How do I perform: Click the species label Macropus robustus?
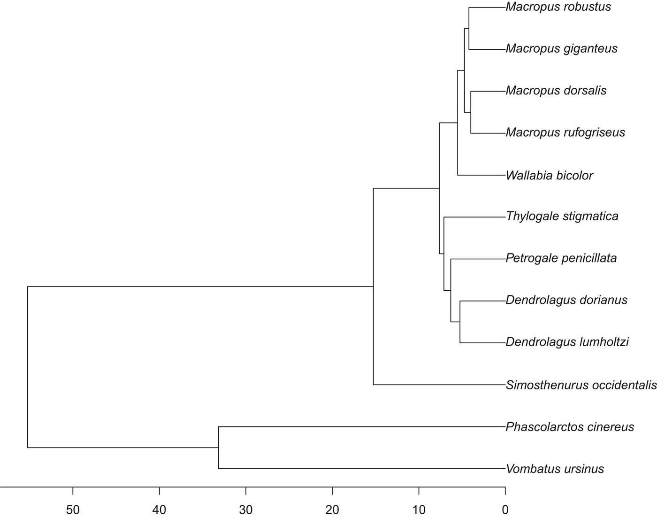[x=558, y=7]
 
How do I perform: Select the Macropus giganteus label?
[x=561, y=49]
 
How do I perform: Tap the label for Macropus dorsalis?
[x=556, y=91]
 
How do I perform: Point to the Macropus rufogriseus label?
[x=565, y=133]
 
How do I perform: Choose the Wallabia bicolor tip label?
[x=549, y=176]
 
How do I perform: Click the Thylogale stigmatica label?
[x=562, y=216]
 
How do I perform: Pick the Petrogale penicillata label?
[x=561, y=258]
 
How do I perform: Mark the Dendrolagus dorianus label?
[x=566, y=300]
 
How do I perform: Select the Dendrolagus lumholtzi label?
[x=567, y=342]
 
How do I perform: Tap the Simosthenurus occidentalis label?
[x=581, y=386]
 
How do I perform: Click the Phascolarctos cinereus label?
[x=570, y=427]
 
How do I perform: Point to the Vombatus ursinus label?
[x=555, y=469]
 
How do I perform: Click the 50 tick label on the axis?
[x=73, y=510]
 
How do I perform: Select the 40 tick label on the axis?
[x=160, y=510]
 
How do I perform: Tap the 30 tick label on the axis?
[x=246, y=510]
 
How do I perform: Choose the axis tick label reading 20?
[x=332, y=510]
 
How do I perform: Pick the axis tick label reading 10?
[x=419, y=510]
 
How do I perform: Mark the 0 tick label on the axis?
[x=505, y=510]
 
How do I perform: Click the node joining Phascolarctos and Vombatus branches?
[x=219, y=448]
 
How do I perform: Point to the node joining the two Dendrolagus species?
[x=460, y=322]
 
